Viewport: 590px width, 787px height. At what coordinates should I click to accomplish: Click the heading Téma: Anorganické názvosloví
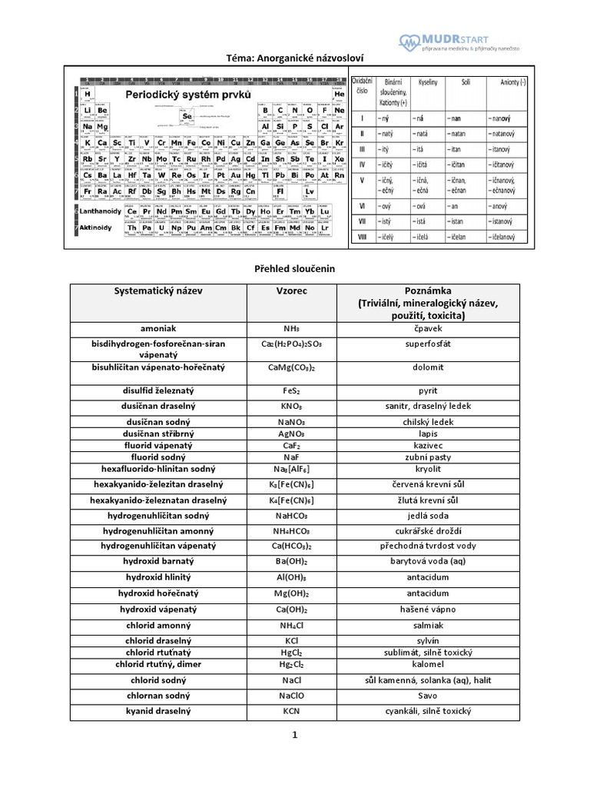[x=295, y=57]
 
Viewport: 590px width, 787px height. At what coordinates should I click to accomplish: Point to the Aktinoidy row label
[x=96, y=227]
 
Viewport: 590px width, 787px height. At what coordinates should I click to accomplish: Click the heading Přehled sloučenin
[x=295, y=269]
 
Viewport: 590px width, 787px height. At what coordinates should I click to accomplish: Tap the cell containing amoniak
[x=158, y=327]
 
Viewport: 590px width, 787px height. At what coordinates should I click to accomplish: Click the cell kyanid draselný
[x=158, y=712]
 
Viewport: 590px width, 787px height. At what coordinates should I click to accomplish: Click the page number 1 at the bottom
[x=294, y=736]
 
